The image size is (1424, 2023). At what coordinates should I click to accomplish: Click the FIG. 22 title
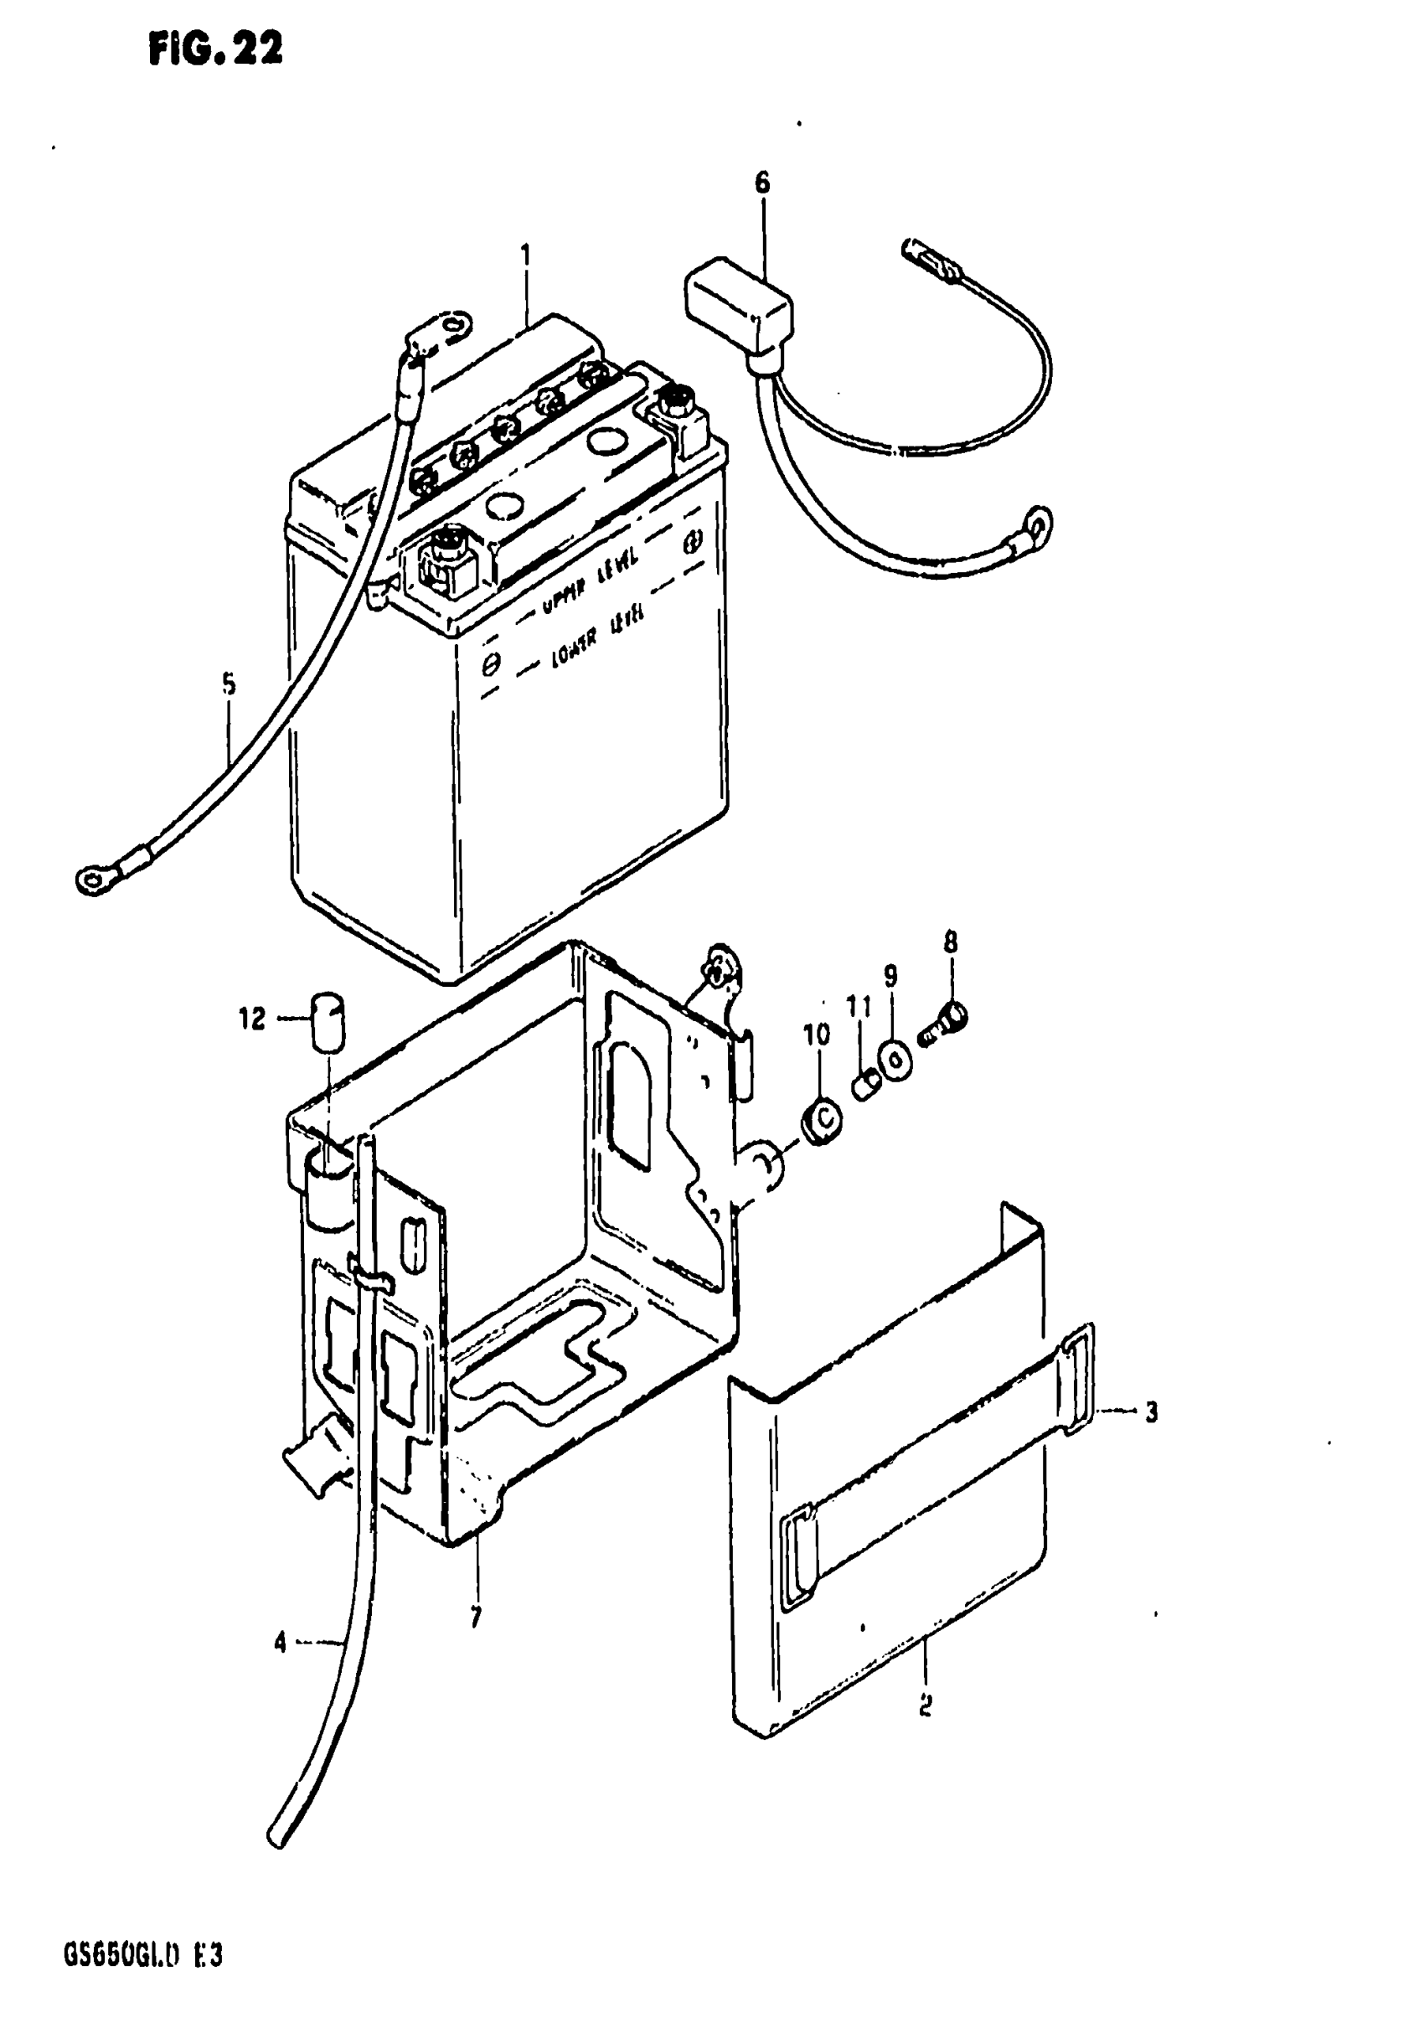(x=216, y=50)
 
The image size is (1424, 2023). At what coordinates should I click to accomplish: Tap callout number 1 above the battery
(x=525, y=256)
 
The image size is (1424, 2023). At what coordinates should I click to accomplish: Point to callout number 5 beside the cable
(x=230, y=684)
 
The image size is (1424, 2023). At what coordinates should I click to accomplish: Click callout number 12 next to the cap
(x=252, y=1019)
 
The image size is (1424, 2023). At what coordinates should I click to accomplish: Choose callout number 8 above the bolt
(x=950, y=942)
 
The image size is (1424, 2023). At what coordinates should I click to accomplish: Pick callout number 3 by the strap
(x=1151, y=1412)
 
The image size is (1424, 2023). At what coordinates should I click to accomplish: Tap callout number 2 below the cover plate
(x=926, y=1706)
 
